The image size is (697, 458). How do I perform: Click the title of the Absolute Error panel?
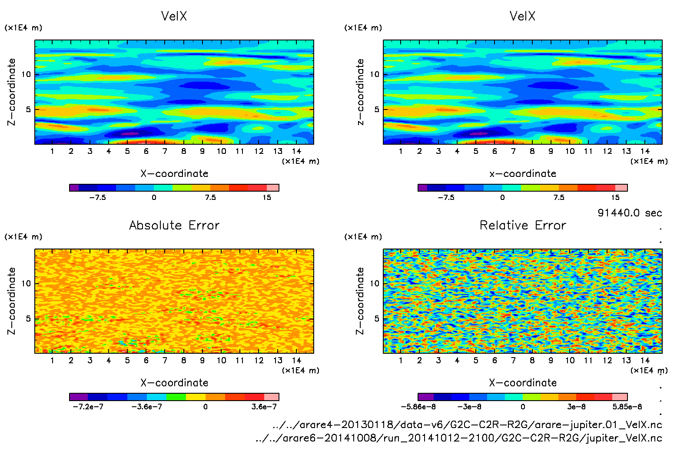pos(174,225)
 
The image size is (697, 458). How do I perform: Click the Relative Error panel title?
pos(523,225)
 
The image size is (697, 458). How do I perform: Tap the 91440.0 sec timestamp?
pos(630,213)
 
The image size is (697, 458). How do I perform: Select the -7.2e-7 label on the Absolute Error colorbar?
pos(88,407)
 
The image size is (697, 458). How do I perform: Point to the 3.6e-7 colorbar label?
pos(264,407)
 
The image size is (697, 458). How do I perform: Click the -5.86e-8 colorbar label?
pos(418,407)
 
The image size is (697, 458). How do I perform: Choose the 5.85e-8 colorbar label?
pos(627,407)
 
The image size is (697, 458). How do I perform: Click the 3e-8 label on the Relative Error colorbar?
pos(576,407)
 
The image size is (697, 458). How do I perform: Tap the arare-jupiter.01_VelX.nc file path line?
pos(467,425)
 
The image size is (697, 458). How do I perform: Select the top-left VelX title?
pos(174,16)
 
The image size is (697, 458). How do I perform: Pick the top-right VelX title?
pos(522,16)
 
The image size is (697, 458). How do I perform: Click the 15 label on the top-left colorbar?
pos(267,197)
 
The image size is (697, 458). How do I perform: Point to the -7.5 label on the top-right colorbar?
pos(446,197)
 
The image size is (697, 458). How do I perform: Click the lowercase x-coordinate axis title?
pos(523,174)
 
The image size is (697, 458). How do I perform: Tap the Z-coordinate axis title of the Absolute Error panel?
pos(12,301)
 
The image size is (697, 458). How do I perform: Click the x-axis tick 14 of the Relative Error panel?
pos(645,360)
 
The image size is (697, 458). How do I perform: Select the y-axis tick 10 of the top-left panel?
pos(26,74)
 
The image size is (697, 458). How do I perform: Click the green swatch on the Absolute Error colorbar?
pos(176,397)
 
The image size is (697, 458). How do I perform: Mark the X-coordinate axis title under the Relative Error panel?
pos(523,383)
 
